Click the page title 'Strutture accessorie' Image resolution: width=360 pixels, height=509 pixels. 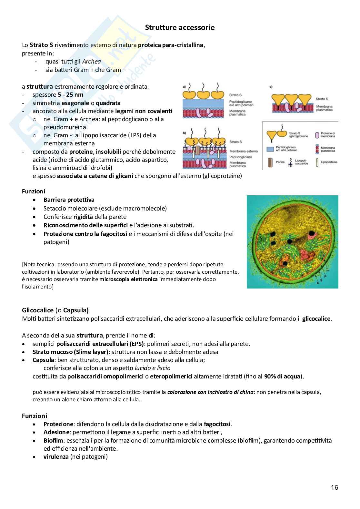pyautogui.click(x=180, y=27)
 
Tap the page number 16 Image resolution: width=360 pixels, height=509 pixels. pyautogui.click(x=335, y=487)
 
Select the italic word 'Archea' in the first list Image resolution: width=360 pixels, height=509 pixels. pyautogui.click(x=91, y=61)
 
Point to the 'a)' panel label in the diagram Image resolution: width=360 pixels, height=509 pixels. pyautogui.click(x=184, y=86)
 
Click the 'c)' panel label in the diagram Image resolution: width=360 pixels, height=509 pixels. pyautogui.click(x=271, y=87)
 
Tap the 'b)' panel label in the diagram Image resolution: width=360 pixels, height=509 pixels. pyautogui.click(x=184, y=132)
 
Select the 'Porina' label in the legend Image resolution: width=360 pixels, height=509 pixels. pyautogui.click(x=280, y=162)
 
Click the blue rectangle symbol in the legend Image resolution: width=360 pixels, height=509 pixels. pyautogui.click(x=270, y=149)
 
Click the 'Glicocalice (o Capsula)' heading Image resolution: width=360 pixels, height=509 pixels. pyautogui.click(x=55, y=310)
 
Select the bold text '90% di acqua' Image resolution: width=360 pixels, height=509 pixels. pyautogui.click(x=283, y=376)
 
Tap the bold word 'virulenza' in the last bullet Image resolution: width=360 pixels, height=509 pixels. pyautogui.click(x=56, y=456)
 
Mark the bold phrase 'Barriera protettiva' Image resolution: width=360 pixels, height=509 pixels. pyautogui.click(x=69, y=200)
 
